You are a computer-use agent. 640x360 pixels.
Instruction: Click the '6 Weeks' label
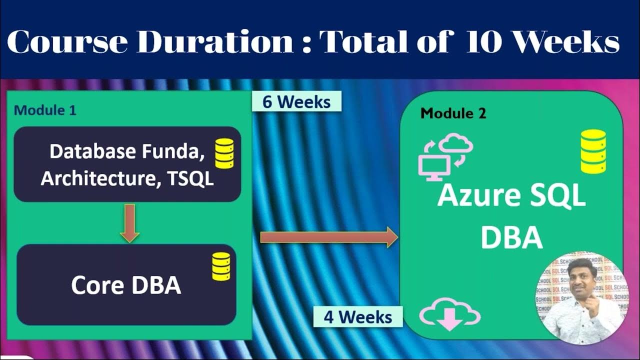pos(296,101)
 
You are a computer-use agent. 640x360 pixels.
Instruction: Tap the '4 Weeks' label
pos(357,316)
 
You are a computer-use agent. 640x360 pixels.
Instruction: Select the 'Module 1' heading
pos(45,110)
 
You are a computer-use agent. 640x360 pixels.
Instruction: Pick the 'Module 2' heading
pos(453,113)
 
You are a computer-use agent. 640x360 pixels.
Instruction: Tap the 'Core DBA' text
pos(126,285)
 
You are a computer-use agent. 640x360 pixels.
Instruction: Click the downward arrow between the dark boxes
pos(129,222)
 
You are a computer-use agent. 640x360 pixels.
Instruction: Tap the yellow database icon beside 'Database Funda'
pos(224,153)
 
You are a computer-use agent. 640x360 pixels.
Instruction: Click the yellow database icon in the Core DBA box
pos(221,266)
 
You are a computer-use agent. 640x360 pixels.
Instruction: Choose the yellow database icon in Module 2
pos(593,151)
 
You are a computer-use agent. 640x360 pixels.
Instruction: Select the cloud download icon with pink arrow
pos(449,315)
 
